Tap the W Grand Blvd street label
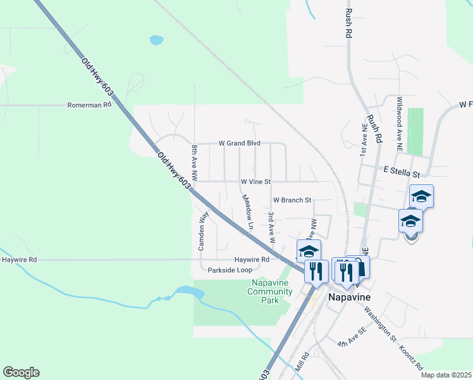point(240,144)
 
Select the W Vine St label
point(255,182)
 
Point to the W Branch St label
point(292,200)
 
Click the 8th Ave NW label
point(195,161)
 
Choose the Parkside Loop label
point(230,270)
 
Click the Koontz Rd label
point(411,357)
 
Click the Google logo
point(21,372)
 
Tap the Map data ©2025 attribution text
point(446,375)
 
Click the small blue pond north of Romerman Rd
point(156,41)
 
